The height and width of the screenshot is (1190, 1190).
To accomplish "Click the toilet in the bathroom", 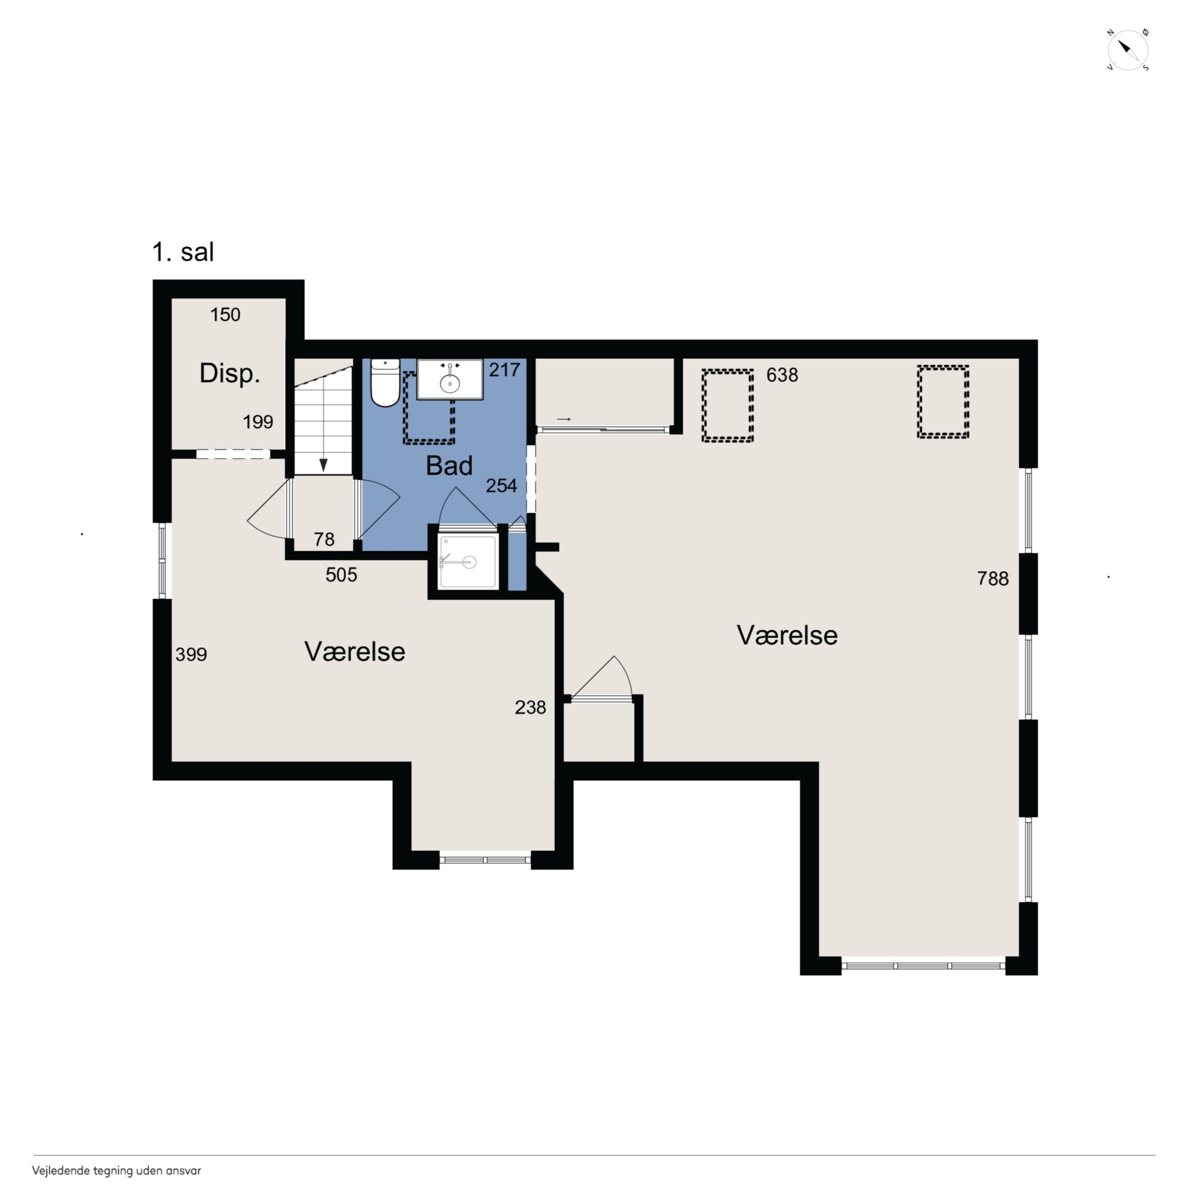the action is pyautogui.click(x=385, y=383).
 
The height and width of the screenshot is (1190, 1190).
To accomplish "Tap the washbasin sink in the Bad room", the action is pyautogui.click(x=449, y=379).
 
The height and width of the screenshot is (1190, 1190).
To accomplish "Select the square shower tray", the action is pyautogui.click(x=469, y=562).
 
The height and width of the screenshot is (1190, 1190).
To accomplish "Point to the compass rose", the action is pyautogui.click(x=1128, y=50).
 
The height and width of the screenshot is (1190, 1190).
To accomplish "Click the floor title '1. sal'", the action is pyautogui.click(x=183, y=252).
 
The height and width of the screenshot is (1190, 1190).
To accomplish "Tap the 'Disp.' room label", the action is pyautogui.click(x=230, y=374).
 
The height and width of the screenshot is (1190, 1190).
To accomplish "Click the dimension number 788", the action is pyautogui.click(x=993, y=579).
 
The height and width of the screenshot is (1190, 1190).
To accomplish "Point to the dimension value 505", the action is pyautogui.click(x=341, y=575).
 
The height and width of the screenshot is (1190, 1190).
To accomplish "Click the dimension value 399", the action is pyautogui.click(x=191, y=654).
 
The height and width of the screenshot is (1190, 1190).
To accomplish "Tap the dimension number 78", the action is pyautogui.click(x=324, y=539).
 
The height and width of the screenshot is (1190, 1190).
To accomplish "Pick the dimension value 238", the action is pyautogui.click(x=530, y=707).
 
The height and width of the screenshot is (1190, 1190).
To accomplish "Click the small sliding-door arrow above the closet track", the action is pyautogui.click(x=563, y=419).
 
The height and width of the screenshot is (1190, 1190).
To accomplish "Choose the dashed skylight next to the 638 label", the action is pyautogui.click(x=727, y=405).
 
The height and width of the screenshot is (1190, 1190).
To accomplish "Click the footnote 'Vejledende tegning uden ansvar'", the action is pyautogui.click(x=116, y=1171).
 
